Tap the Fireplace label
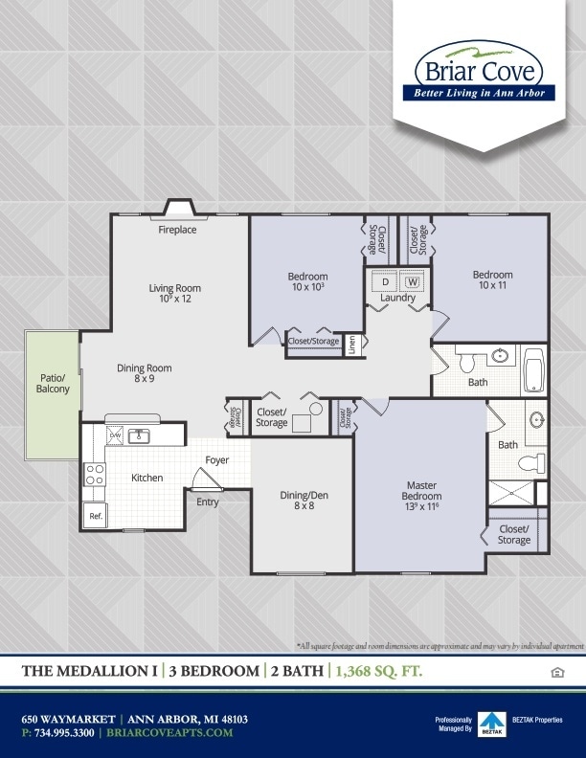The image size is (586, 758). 177,230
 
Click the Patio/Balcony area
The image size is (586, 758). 54,383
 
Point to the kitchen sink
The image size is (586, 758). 140,436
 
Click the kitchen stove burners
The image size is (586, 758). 95,474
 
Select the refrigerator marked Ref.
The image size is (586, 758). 96,515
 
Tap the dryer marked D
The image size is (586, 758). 386,282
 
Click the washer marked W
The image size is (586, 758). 413,282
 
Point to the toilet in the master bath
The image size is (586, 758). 530,463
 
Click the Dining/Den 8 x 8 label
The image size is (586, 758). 304,500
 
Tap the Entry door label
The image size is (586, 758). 207,502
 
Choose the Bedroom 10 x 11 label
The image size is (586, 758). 492,280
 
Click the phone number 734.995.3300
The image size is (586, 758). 61,732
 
